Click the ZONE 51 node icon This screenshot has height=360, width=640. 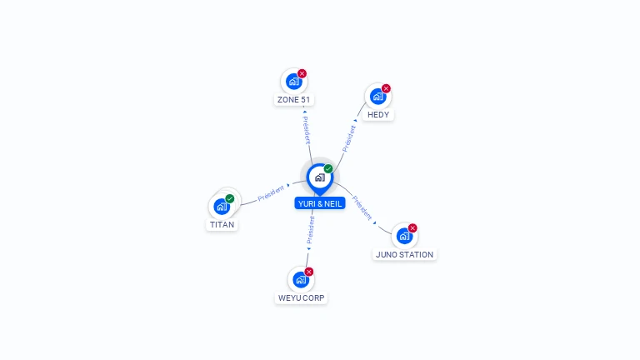point(293,81)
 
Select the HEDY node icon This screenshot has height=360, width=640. point(377,96)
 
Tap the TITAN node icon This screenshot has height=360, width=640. point(222,206)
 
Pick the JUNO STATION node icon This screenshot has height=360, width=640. point(404,236)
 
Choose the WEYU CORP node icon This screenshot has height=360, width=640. point(301,279)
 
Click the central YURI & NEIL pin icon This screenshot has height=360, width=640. point(319,177)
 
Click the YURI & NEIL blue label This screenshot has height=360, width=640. point(319,203)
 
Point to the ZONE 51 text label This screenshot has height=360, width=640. point(293,100)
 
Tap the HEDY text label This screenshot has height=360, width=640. point(377,115)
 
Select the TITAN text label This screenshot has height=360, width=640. point(222,225)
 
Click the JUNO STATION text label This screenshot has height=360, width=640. point(404,255)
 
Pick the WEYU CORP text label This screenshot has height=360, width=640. point(302,298)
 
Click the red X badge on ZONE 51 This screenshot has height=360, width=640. point(302,73)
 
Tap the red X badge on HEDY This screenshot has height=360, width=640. point(386,88)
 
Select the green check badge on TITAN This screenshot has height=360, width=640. point(230,198)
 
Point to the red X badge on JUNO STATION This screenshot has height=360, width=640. point(412,228)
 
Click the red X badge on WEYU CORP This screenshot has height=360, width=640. point(309,272)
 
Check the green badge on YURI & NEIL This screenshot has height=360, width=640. point(328,168)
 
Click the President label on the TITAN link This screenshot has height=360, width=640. point(271,193)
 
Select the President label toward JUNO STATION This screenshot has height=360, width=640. point(362,207)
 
